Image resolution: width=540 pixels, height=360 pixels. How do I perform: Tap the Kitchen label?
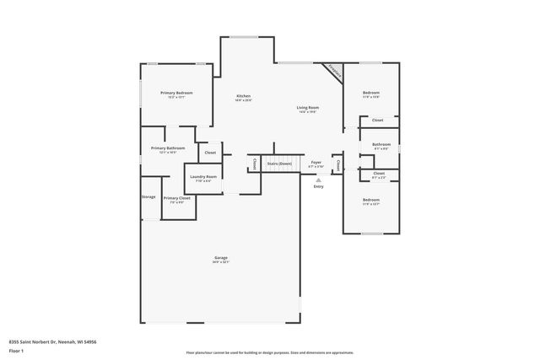(243, 97)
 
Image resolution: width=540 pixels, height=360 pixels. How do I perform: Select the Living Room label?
(307, 107)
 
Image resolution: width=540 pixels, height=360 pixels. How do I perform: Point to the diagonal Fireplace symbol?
(335, 73)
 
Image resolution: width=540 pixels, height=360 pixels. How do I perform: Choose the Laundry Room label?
(206, 176)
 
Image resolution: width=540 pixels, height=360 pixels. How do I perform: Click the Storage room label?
(148, 196)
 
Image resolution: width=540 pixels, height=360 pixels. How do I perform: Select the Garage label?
(220, 257)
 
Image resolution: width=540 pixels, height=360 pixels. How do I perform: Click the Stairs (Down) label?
(279, 163)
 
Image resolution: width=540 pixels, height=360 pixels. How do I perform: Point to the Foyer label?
(316, 161)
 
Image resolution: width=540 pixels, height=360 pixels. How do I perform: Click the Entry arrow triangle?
(318, 180)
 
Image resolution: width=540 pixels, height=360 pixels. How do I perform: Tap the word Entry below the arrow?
(318, 186)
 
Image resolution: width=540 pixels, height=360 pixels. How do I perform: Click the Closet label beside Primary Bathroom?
(209, 153)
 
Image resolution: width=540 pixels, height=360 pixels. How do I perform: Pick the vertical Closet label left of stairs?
(254, 164)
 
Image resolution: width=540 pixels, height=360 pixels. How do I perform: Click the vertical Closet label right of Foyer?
(337, 164)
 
